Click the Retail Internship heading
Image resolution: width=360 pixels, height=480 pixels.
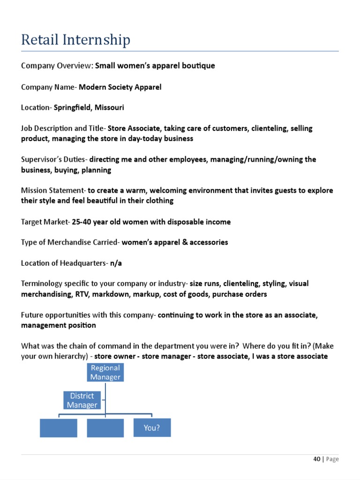coord(75,40)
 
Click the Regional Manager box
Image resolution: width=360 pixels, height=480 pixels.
coord(105,372)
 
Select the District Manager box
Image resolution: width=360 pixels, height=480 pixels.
coord(82,400)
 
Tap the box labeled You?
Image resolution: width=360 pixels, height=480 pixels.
coord(152,427)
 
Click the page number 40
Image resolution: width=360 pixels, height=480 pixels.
coord(317,459)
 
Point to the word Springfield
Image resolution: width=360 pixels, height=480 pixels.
coord(73,107)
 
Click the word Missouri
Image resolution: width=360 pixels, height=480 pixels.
coord(109,107)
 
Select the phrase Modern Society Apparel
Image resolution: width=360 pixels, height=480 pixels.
coord(120,87)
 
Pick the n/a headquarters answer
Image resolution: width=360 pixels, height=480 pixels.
coord(116,263)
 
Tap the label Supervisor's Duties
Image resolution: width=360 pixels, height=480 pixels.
coord(53,159)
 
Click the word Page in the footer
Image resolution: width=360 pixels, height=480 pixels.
coord(332,459)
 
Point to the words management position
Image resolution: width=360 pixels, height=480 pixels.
coord(59,325)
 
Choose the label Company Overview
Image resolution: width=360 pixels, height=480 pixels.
coord(56,66)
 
